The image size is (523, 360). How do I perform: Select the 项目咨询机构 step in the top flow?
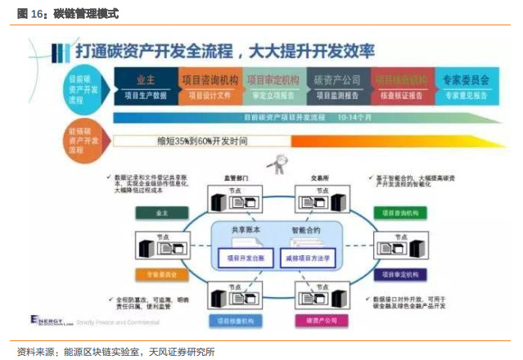point(211,80)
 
